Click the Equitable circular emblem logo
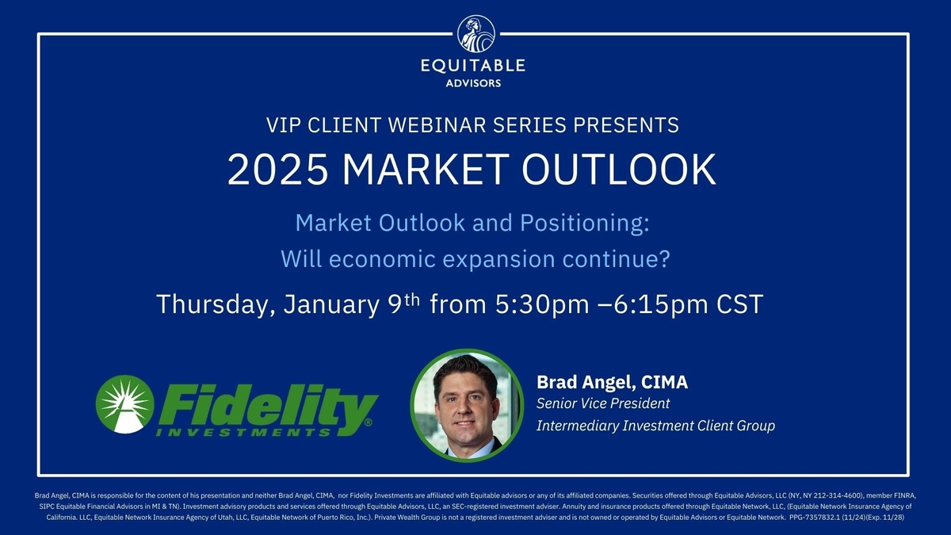(476, 34)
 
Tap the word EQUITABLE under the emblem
(473, 66)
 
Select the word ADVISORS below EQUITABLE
(473, 83)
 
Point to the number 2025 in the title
(277, 170)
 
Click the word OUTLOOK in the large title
(619, 170)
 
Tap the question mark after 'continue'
(664, 258)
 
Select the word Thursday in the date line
(216, 304)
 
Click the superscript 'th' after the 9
(412, 300)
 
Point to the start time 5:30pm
(542, 305)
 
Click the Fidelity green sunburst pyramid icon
(125, 404)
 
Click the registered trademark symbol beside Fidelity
(368, 422)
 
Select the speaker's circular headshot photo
(467, 406)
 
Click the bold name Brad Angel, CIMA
(612, 382)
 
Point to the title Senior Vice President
(603, 403)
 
